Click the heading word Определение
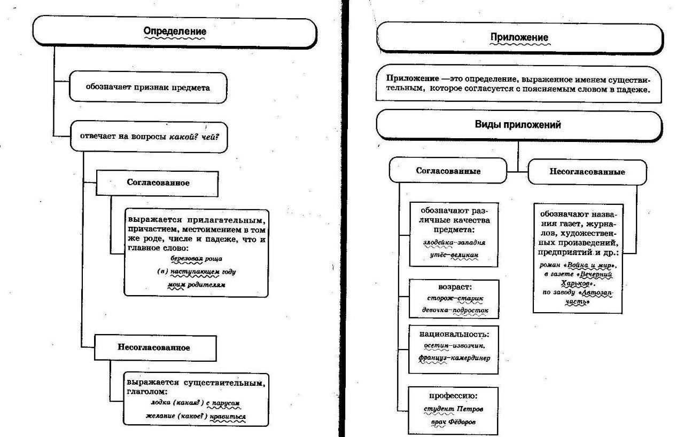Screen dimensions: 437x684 175,31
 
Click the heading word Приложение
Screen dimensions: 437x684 519,37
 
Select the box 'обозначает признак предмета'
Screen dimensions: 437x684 148,87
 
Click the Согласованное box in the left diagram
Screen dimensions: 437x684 158,182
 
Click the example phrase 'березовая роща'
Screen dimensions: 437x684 196,258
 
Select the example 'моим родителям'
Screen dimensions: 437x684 196,285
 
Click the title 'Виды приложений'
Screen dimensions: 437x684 518,125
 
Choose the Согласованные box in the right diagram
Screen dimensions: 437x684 448,171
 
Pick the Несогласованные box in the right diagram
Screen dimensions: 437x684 587,172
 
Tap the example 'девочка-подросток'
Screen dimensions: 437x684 455,310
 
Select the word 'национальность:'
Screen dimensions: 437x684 454,335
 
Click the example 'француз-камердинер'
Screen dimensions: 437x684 455,357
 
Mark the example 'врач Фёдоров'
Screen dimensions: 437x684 455,422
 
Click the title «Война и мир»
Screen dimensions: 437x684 590,265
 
